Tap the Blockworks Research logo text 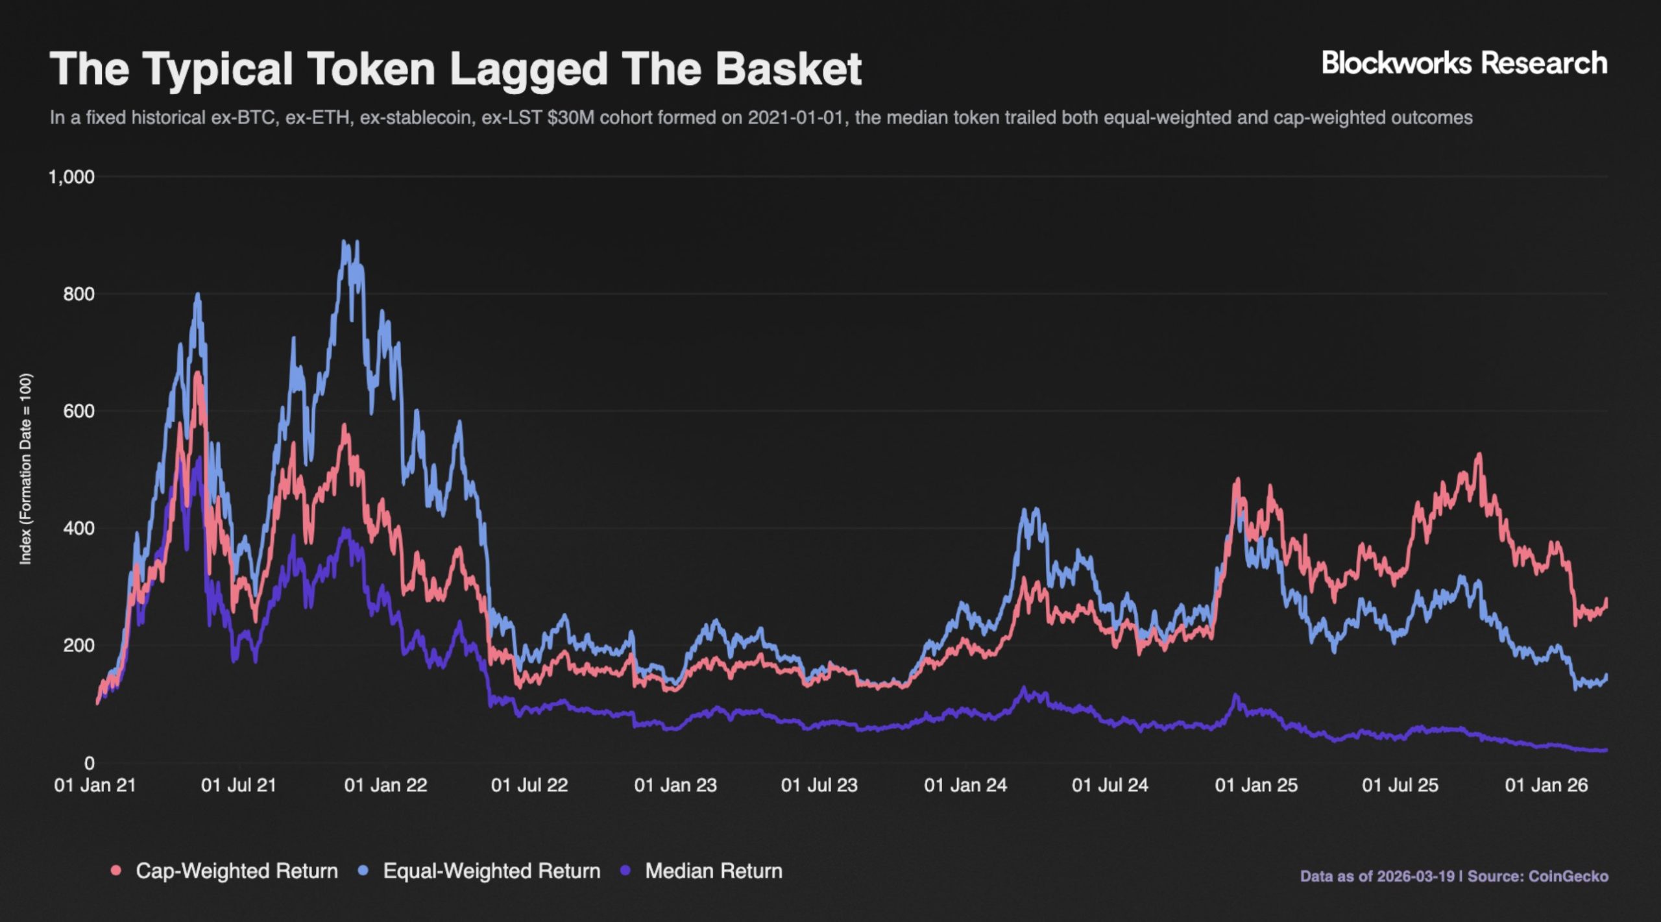1464,64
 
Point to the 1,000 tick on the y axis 71,177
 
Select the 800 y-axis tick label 79,294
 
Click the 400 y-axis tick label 79,528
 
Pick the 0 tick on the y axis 89,763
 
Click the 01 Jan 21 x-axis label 95,785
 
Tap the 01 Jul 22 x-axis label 529,785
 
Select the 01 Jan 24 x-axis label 965,785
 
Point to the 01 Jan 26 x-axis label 1546,785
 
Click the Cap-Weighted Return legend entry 236,871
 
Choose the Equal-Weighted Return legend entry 491,871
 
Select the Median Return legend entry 713,871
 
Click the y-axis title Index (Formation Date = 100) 26,468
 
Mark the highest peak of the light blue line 345,242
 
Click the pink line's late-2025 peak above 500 1479,455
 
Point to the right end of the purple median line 1605,750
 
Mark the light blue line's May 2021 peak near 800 198,295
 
